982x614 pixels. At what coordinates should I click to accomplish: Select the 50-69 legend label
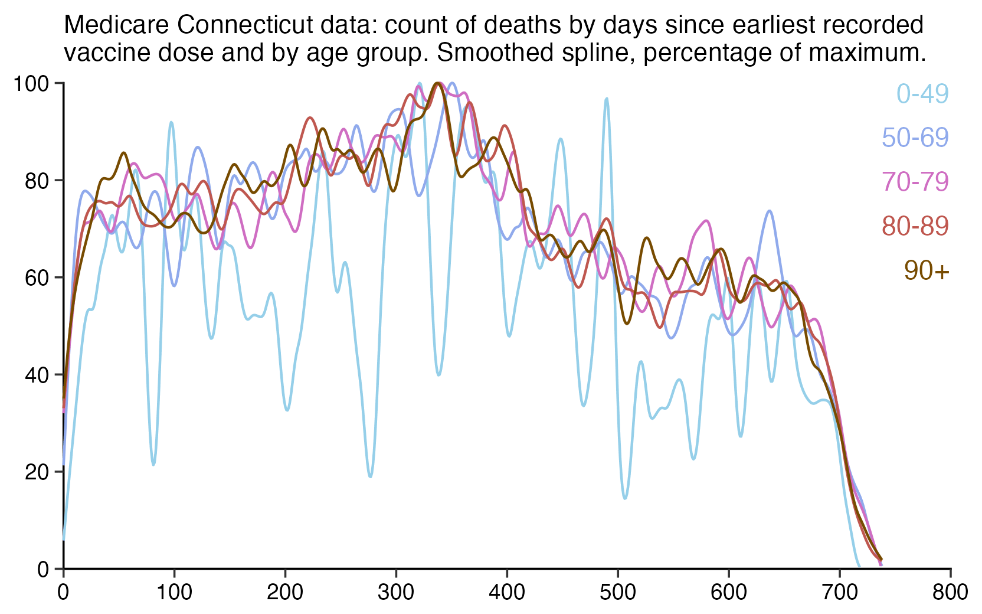[x=915, y=138]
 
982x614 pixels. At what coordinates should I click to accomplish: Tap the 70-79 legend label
[x=915, y=182]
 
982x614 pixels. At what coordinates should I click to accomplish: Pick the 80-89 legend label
[x=915, y=226]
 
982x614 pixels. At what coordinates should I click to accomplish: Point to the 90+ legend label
[x=927, y=270]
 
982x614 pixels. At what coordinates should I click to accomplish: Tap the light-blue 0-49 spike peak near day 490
[x=606, y=99]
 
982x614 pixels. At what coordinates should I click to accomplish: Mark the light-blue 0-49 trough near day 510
[x=625, y=498]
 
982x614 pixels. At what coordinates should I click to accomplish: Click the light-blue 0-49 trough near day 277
[x=370, y=476]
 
